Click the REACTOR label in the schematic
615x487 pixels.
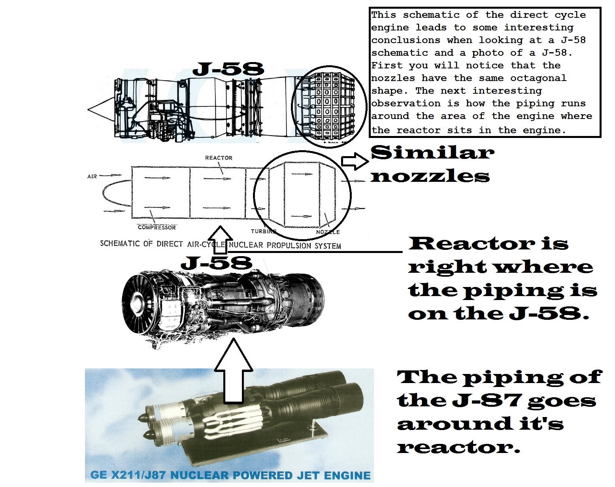219,158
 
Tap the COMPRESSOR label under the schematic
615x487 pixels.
157,227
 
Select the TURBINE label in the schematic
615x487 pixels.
263,231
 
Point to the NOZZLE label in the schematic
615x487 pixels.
328,232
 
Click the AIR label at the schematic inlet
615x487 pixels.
92,176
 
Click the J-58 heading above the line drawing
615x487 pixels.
228,70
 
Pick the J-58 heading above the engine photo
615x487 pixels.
216,263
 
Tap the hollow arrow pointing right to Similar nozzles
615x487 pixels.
355,161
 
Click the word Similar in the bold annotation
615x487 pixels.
432,153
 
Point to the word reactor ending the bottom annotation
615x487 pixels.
458,447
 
